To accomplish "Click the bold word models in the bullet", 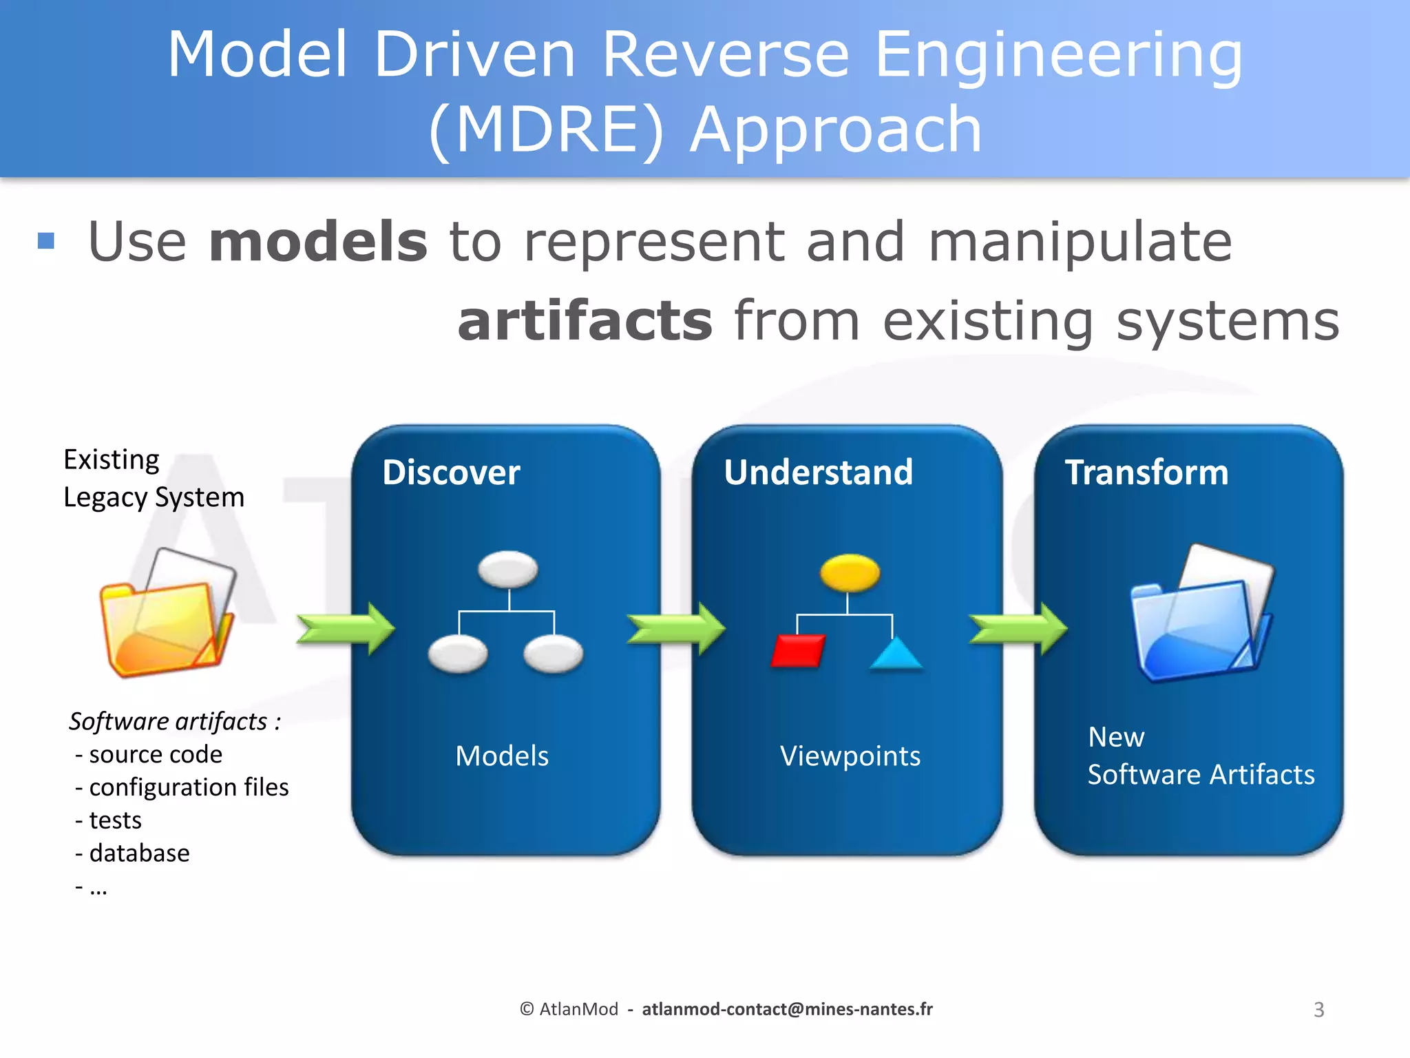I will [318, 242].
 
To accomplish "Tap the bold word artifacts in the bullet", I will [585, 321].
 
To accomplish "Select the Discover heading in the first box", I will [451, 473].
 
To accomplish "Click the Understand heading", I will [818, 473].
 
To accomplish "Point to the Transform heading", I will [1146, 473].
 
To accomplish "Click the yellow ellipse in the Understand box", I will [850, 572].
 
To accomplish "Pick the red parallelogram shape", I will [798, 650].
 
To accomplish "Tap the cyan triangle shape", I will [895, 654].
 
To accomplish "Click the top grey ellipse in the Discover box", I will [508, 570].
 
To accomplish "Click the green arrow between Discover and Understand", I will [675, 628].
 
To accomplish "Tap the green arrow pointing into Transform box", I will [1018, 628].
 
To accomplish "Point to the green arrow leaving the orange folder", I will [345, 628].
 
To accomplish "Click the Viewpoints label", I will [850, 756].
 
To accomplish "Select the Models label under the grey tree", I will [502, 756].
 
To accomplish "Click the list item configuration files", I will [188, 787].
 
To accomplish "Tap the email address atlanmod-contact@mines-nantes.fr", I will [787, 1009].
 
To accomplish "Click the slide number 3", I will [1318, 1010].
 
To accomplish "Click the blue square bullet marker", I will [46, 240].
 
